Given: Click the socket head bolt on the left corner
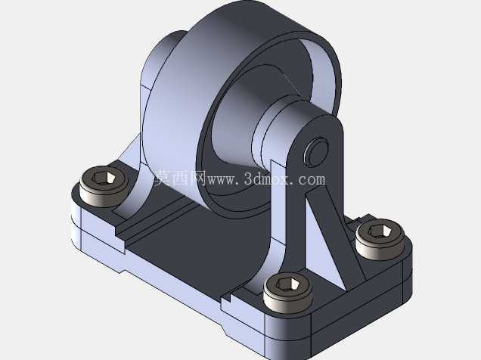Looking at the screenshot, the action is (104, 186).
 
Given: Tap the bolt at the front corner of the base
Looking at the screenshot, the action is (288, 292).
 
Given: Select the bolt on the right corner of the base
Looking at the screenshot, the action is (380, 239).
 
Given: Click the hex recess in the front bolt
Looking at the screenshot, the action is (288, 284).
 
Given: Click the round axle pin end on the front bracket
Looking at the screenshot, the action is (316, 152).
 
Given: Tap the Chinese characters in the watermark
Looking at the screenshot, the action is (179, 178).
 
